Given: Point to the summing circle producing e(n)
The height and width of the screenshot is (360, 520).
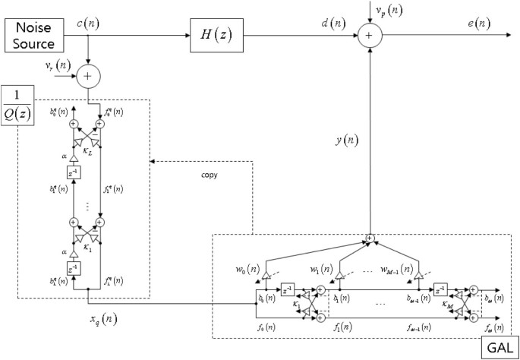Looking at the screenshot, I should coord(370,33).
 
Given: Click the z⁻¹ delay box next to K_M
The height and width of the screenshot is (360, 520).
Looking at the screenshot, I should coord(440,289).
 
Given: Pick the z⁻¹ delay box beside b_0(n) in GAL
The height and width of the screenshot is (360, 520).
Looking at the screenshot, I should coord(286,289).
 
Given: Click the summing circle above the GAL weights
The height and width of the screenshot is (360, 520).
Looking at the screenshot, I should coord(370,238).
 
